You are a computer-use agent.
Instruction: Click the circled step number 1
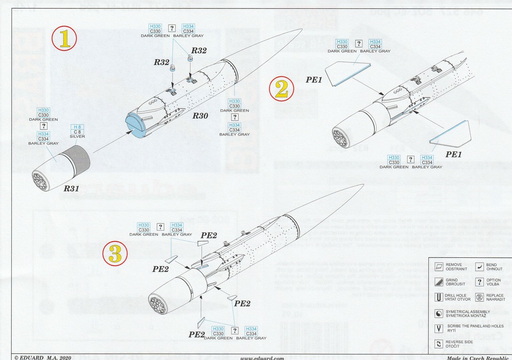pos(65,39)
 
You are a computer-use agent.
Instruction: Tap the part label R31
pos(72,188)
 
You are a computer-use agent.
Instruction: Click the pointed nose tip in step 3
pos(362,186)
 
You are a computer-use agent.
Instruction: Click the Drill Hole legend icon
pos(439,297)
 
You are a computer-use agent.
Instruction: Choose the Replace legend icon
pos(479,297)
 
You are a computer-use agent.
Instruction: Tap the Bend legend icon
pos(479,267)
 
